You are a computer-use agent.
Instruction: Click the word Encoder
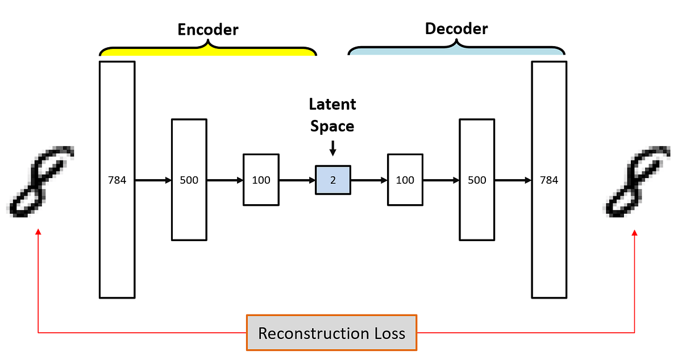(208, 30)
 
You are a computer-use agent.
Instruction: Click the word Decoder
(456, 28)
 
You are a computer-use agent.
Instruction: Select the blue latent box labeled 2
(333, 180)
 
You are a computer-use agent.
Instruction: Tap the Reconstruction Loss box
(331, 333)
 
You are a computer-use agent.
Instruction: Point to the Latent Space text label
(332, 115)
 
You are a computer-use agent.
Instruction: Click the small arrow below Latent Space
(332, 149)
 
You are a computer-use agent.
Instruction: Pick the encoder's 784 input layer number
(117, 180)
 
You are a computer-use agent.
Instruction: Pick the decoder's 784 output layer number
(549, 180)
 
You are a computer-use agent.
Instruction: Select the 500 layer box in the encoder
(189, 180)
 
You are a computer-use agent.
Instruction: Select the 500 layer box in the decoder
(477, 180)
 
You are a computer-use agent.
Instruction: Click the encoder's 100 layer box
(261, 180)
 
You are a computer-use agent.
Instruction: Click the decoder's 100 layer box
(405, 180)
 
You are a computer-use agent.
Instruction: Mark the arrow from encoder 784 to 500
(153, 180)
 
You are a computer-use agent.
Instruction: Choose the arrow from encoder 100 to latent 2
(297, 180)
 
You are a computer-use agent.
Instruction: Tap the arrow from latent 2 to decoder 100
(369, 180)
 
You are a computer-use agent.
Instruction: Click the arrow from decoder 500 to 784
(513, 180)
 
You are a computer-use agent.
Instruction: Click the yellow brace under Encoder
(208, 50)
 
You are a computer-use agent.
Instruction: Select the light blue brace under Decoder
(456, 50)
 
